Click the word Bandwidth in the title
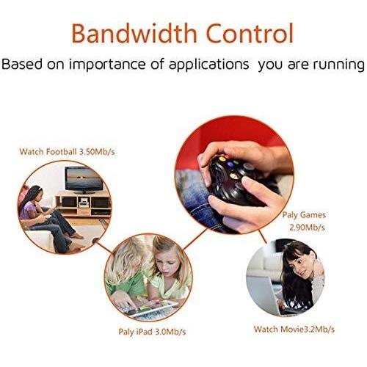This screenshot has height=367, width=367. pyautogui.click(x=137, y=34)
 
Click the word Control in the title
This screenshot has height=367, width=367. pyautogui.click(x=250, y=34)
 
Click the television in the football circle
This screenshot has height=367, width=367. pyautogui.click(x=82, y=178)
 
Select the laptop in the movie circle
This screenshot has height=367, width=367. pyautogui.click(x=266, y=294)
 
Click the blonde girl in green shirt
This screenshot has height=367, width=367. pyautogui.click(x=131, y=275)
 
